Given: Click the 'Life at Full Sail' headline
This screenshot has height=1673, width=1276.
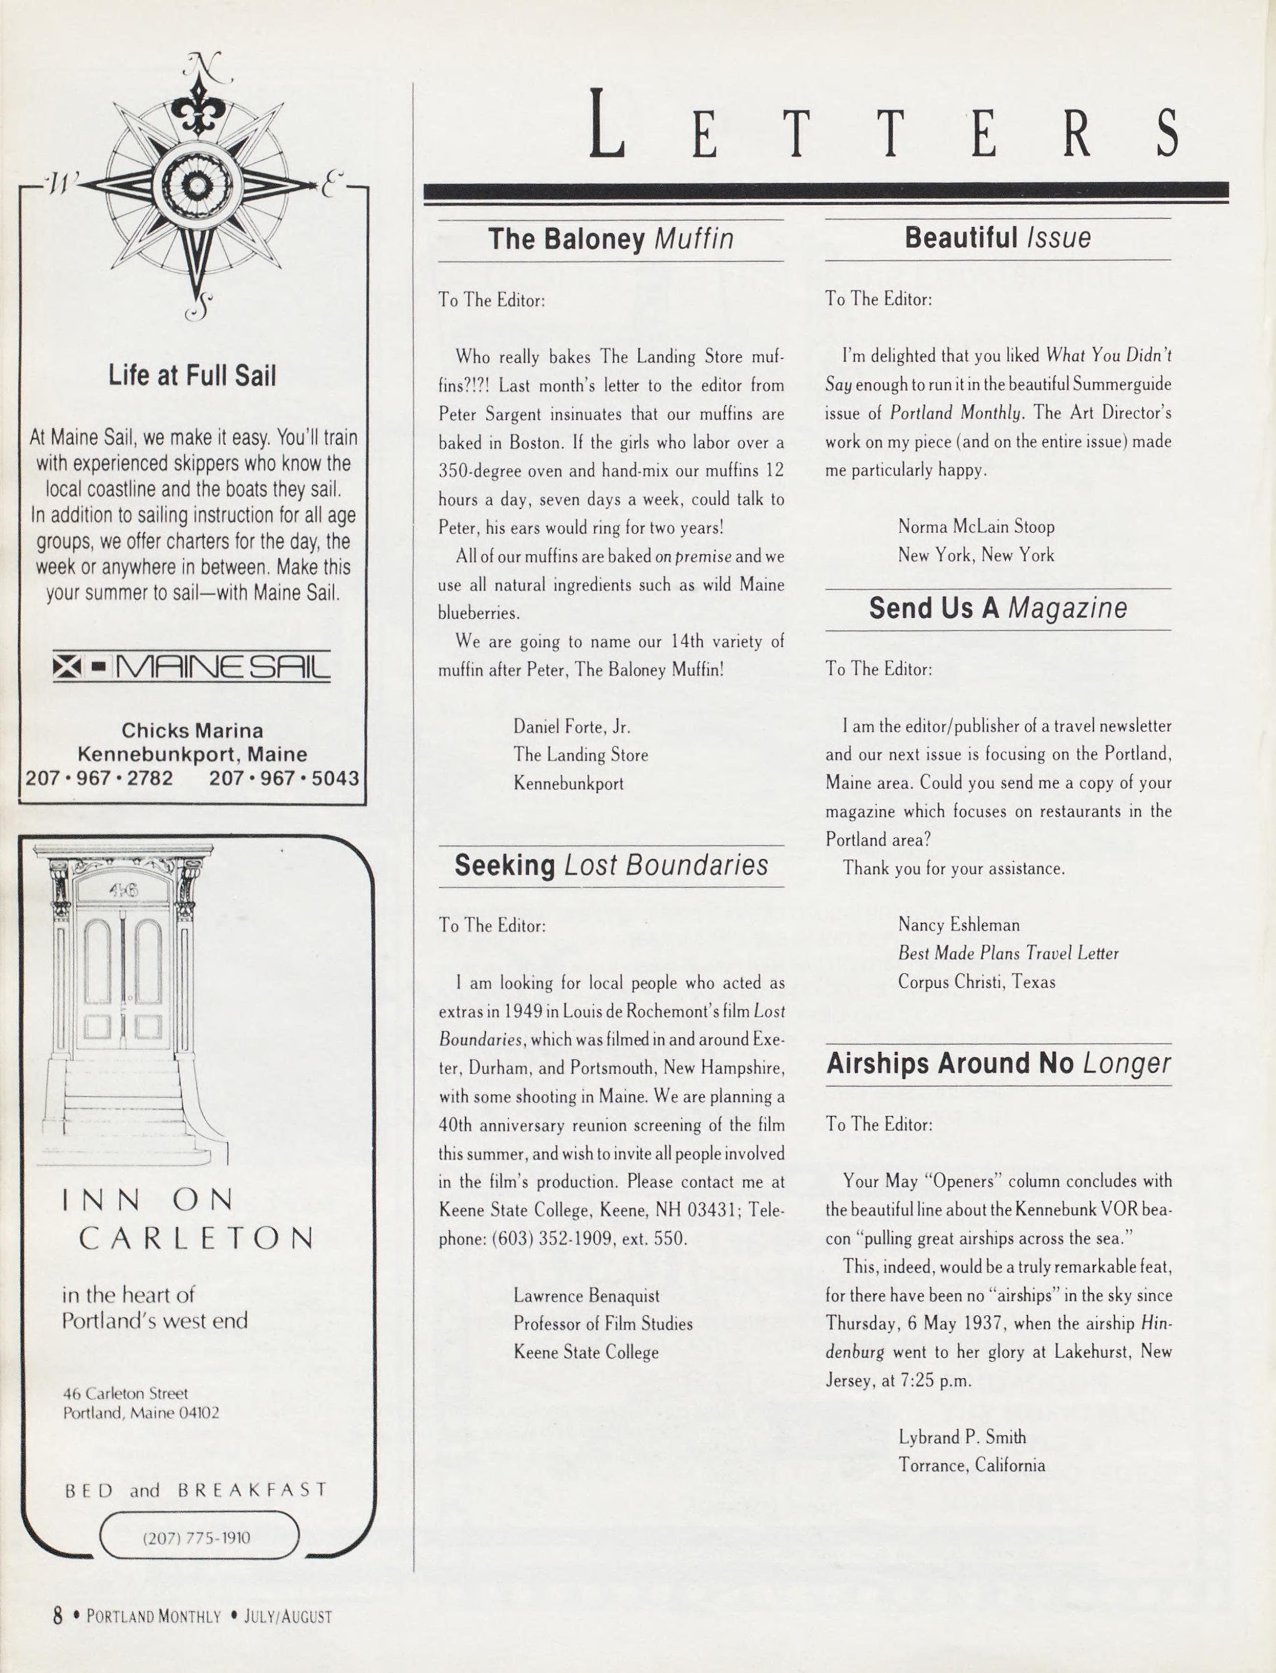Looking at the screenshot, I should point(192,375).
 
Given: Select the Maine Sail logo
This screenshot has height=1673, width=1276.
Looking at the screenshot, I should point(191,667).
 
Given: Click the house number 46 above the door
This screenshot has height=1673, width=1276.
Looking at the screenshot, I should point(123,890).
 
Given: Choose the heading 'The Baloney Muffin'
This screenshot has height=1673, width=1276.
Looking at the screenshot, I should point(611,239).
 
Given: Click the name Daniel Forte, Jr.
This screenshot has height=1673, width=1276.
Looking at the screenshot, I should point(572,727).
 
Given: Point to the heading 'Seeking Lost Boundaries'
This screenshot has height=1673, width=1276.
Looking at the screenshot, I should point(611,865).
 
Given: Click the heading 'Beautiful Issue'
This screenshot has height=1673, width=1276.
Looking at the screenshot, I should point(997,237).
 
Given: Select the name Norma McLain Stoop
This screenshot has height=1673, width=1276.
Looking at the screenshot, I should point(976,526).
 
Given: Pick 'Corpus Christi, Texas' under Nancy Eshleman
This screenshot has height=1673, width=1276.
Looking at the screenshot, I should point(976,982).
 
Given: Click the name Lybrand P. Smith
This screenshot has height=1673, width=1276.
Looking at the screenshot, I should point(962,1437).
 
